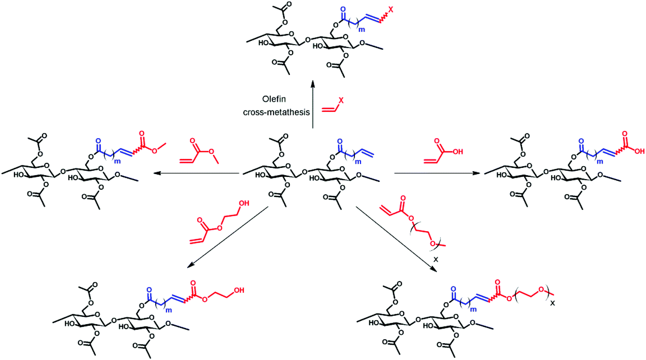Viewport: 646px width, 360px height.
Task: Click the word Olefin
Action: coord(274,99)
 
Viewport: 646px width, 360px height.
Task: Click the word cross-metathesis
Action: coord(276,112)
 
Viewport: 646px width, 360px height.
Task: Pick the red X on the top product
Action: coord(391,9)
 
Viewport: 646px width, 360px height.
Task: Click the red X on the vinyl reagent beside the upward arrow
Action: coord(341,100)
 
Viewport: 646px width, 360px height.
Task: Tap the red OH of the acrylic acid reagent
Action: coord(458,152)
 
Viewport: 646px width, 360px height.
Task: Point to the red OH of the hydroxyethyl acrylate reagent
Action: coord(244,203)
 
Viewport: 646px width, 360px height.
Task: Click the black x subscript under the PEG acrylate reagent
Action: coord(436,260)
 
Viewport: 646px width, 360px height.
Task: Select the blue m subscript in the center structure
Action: coord(358,162)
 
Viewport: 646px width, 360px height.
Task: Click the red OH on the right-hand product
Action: coord(639,151)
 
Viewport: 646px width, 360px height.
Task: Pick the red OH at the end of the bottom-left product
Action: coord(239,290)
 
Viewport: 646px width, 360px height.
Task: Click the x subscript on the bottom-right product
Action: coord(553,303)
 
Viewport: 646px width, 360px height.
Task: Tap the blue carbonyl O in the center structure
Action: coord(340,142)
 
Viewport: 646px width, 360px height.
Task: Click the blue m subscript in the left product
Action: coord(117,161)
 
